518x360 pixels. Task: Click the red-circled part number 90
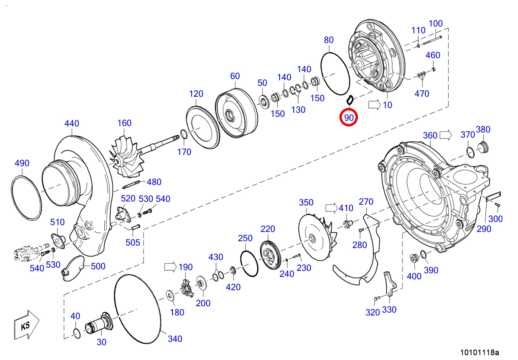(x=349, y=118)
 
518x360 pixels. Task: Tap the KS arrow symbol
(x=26, y=325)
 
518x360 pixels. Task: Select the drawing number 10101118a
(x=479, y=353)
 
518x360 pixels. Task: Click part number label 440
(x=72, y=123)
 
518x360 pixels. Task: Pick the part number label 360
(x=430, y=135)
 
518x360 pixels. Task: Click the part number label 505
(x=133, y=242)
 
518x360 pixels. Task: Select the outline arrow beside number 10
(x=374, y=105)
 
